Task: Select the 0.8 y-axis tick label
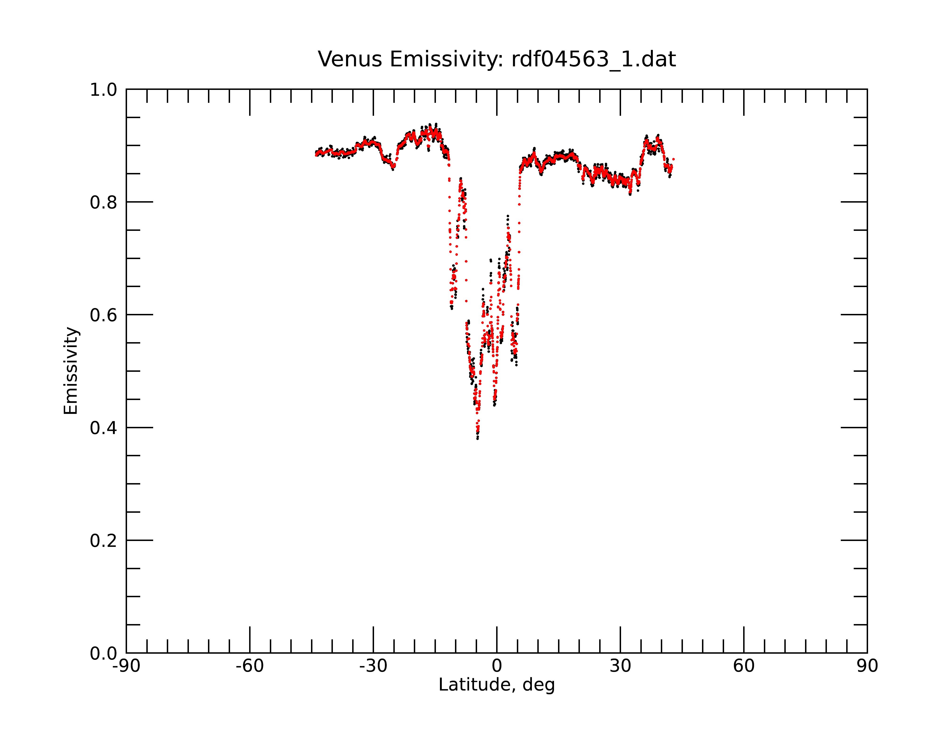[x=104, y=203]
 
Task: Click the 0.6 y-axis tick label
[x=104, y=315]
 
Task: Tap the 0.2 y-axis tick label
[x=104, y=541]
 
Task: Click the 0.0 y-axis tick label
[x=104, y=653]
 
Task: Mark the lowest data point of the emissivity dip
[x=478, y=438]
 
